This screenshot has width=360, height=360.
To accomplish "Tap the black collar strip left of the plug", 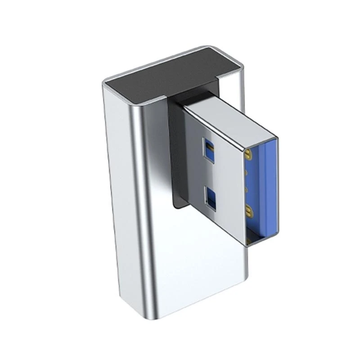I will pos(177,153).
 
